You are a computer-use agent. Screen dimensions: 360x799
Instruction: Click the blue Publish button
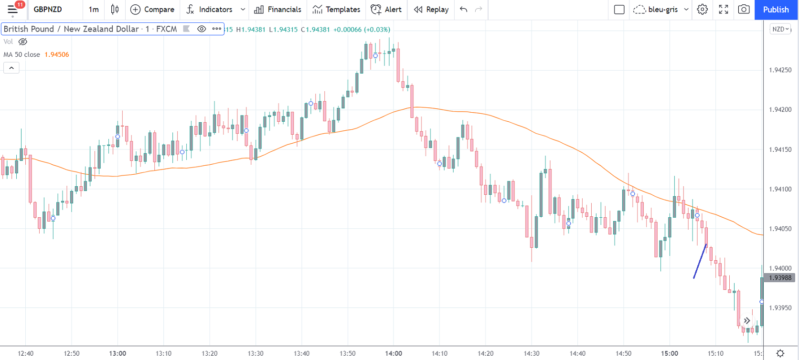point(776,10)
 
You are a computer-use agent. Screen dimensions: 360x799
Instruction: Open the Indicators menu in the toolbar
point(215,10)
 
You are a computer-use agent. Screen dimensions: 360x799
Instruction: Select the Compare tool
point(152,10)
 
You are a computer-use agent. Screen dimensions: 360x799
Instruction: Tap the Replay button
point(431,10)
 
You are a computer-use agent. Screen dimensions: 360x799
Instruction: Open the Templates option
point(336,10)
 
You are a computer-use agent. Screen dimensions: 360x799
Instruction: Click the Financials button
point(278,10)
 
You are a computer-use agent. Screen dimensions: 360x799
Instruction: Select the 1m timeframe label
point(94,10)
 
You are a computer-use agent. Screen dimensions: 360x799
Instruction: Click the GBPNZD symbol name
point(48,10)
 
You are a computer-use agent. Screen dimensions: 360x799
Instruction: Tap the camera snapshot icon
point(744,10)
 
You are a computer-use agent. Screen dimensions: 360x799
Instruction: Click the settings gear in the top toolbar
point(702,10)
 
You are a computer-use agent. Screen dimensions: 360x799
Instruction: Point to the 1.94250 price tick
point(780,70)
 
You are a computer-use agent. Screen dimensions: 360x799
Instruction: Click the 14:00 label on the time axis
point(394,353)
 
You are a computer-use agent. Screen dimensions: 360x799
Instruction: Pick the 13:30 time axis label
point(256,353)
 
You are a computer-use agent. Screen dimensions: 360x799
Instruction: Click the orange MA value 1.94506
point(57,54)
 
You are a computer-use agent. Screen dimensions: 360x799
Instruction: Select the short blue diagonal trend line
point(700,261)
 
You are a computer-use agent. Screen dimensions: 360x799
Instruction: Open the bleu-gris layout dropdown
point(662,10)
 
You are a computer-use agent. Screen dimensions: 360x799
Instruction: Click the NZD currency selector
point(780,29)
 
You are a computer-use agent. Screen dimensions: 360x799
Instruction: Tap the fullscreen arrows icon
point(724,10)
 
